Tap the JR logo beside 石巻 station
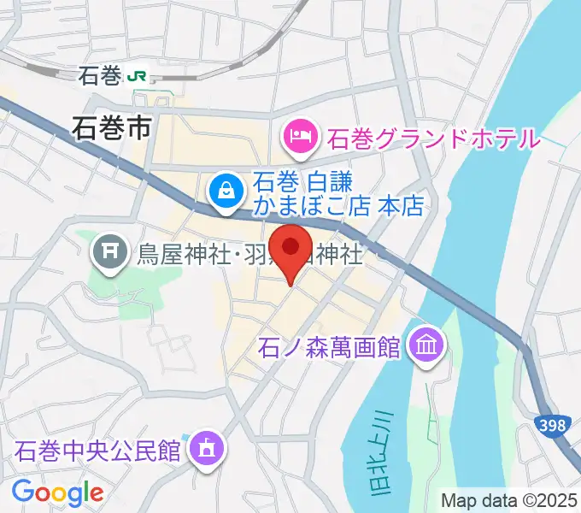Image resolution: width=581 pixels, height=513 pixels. tap(136, 76)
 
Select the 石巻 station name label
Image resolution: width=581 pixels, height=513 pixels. tap(99, 76)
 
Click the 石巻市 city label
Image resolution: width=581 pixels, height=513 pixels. tap(111, 128)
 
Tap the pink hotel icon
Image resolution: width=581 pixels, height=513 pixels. tap(299, 135)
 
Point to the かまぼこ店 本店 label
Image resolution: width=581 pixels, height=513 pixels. tap(339, 207)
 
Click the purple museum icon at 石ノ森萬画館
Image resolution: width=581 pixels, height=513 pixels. tap(425, 345)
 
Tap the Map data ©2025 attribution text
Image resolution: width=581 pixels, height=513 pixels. tap(508, 500)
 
